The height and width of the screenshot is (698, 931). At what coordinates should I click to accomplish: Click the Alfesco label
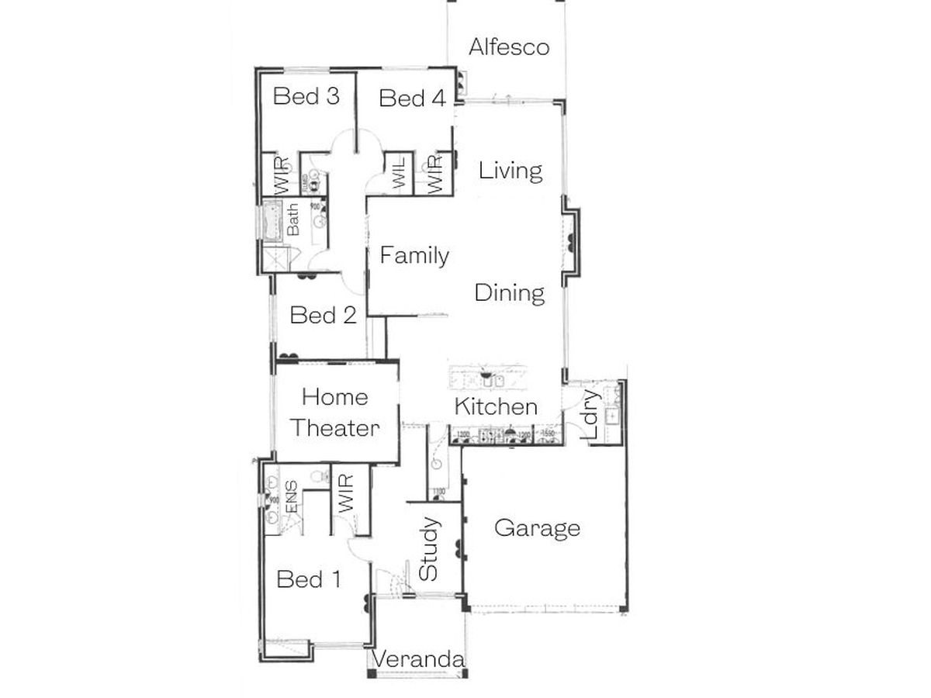point(509,47)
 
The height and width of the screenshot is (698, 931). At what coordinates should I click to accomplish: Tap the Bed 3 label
point(306,97)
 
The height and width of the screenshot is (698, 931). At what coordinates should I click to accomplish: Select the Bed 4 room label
point(412,99)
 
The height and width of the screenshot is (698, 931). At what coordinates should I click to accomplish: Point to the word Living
point(510,171)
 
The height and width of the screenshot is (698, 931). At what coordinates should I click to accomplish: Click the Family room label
point(414,255)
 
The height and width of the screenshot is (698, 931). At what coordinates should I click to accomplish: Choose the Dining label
point(510,293)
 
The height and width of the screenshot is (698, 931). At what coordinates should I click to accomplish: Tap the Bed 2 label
point(323,316)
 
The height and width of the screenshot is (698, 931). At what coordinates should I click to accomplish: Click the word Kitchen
point(496,406)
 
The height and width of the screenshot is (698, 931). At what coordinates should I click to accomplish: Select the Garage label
point(537,529)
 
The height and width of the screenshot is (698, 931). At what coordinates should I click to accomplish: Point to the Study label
point(429,549)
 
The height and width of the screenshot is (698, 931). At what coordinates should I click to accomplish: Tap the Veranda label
point(419,660)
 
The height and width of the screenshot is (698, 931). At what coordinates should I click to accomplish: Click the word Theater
point(335,428)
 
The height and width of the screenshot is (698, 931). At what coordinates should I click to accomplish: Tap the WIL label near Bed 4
point(400,174)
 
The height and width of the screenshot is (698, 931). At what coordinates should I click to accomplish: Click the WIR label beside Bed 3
point(281,174)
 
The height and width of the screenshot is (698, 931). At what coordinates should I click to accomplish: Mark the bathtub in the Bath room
point(272,222)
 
